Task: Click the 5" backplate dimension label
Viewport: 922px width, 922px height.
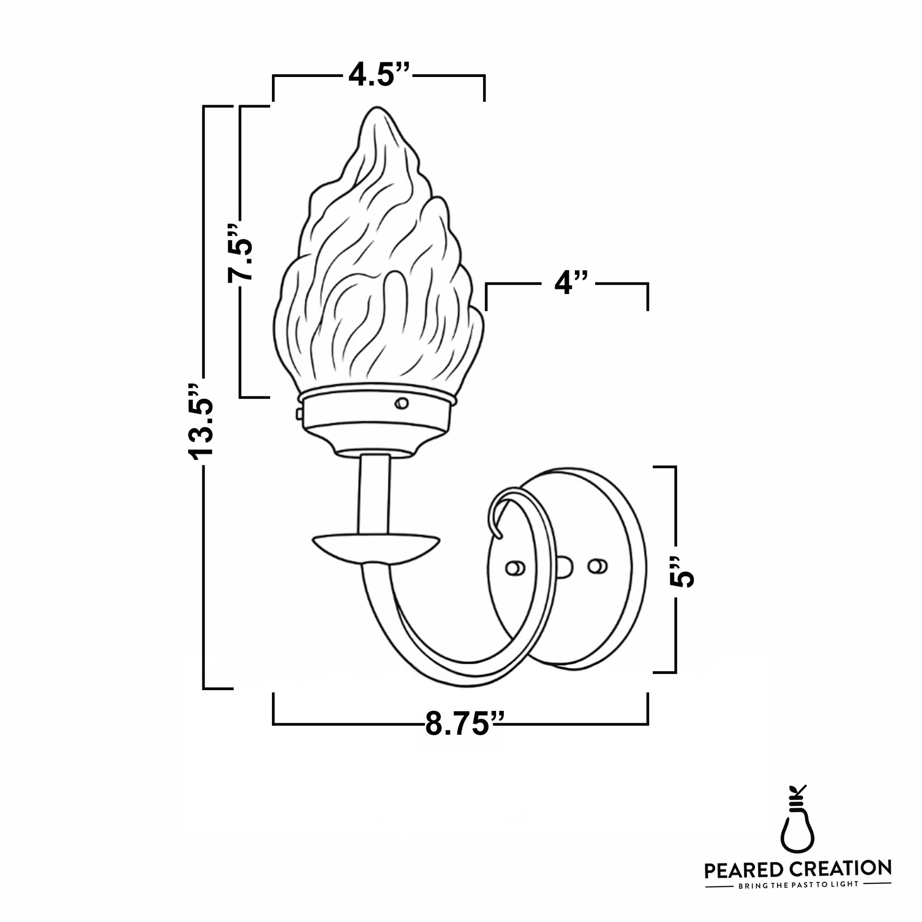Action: click(x=681, y=571)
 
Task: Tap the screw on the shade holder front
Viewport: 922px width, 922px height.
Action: click(x=402, y=403)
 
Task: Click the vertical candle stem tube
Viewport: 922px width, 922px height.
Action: click(x=375, y=494)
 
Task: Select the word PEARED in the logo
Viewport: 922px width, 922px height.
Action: click(x=743, y=870)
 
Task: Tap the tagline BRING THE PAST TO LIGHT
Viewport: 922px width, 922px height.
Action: click(x=798, y=884)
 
